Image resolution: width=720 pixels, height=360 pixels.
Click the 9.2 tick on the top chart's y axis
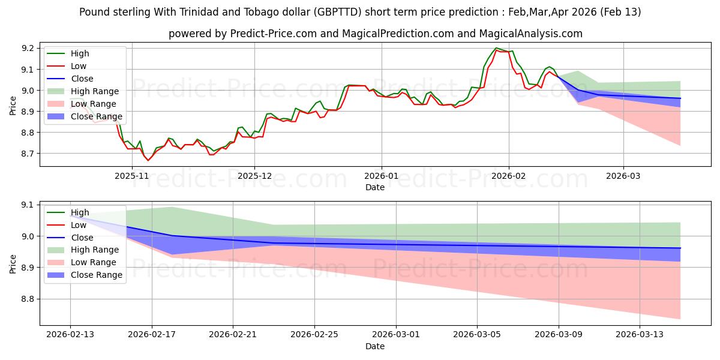pos(28,48)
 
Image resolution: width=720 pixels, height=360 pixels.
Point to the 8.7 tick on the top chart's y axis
pos(28,154)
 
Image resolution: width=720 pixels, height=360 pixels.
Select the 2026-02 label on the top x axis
pos(509,176)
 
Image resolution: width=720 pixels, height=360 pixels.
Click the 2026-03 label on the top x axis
pos(623,176)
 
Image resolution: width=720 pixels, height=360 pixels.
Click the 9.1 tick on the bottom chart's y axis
pos(28,205)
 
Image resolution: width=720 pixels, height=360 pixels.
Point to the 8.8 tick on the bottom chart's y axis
pos(28,299)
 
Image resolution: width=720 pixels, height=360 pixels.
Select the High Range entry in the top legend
pos(95,91)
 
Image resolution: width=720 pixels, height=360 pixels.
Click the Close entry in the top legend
pos(82,79)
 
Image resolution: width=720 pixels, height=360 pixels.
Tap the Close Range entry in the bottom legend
pos(97,275)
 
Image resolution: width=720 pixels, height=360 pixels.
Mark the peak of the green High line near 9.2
pos(496,48)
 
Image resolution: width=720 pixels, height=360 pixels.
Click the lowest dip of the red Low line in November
pos(148,160)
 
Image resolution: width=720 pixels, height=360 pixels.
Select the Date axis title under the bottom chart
pos(375,346)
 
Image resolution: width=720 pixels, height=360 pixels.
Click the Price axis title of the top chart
pos(13,106)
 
